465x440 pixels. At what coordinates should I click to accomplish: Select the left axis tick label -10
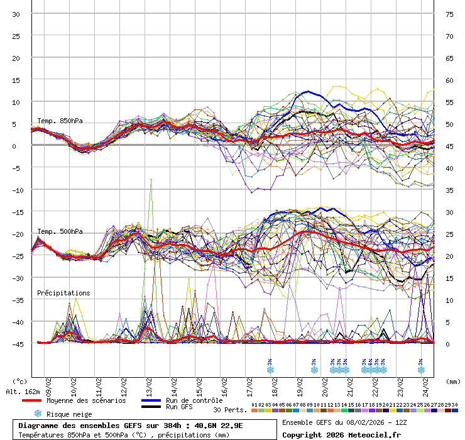[x=16, y=190]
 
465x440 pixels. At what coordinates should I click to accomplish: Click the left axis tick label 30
[x=16, y=14]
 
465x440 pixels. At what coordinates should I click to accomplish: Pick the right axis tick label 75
[x=449, y=14]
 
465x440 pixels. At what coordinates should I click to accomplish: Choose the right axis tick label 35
[x=449, y=190]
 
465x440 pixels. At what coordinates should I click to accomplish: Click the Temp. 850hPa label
[x=60, y=121]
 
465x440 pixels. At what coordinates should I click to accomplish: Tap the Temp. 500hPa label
[x=60, y=231]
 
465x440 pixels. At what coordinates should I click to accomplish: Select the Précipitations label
[x=63, y=293]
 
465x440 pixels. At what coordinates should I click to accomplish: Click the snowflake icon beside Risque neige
[x=38, y=414]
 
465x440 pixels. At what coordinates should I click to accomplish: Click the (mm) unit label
[x=453, y=381]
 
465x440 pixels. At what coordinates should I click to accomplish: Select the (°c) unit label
[x=20, y=381]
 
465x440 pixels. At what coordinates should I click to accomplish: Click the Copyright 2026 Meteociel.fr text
[x=341, y=434]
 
